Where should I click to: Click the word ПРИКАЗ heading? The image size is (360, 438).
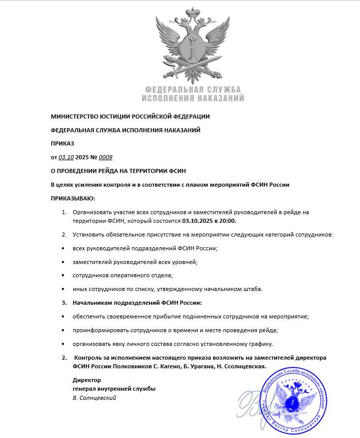point(63,143)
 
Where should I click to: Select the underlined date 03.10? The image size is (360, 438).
point(67,157)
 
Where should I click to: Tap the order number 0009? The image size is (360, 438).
point(105,157)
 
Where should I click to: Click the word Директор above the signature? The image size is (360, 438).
point(87,380)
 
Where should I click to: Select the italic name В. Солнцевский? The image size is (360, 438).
point(95,398)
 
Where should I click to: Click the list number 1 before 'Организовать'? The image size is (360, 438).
point(64,212)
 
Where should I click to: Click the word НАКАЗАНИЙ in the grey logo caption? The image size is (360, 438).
point(220,98)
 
